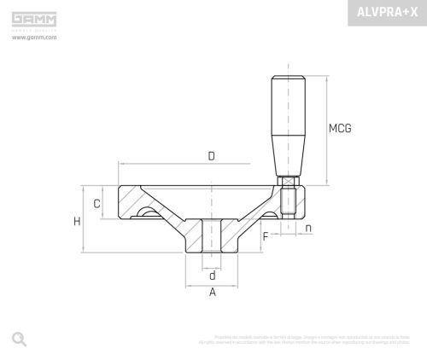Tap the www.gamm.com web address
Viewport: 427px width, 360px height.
tap(34, 38)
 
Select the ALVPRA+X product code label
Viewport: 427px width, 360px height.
tap(387, 13)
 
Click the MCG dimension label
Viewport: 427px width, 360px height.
tap(340, 129)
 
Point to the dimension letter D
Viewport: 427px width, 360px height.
tap(211, 155)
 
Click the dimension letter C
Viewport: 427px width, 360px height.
tap(97, 204)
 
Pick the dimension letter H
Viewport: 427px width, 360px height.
tap(77, 221)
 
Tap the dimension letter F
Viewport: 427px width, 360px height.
tap(266, 235)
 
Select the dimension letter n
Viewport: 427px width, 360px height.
tap(307, 228)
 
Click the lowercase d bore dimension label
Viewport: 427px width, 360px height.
tap(212, 275)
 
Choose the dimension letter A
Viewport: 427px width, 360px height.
tap(212, 293)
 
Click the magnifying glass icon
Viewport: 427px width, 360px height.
tap(19, 339)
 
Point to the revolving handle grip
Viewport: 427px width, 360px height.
tap(289, 124)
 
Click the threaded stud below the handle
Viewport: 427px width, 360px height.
tap(289, 205)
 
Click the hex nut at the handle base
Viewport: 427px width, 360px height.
tap(289, 180)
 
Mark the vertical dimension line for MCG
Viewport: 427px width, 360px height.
tap(326, 128)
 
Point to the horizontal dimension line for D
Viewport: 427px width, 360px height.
tap(171, 164)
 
